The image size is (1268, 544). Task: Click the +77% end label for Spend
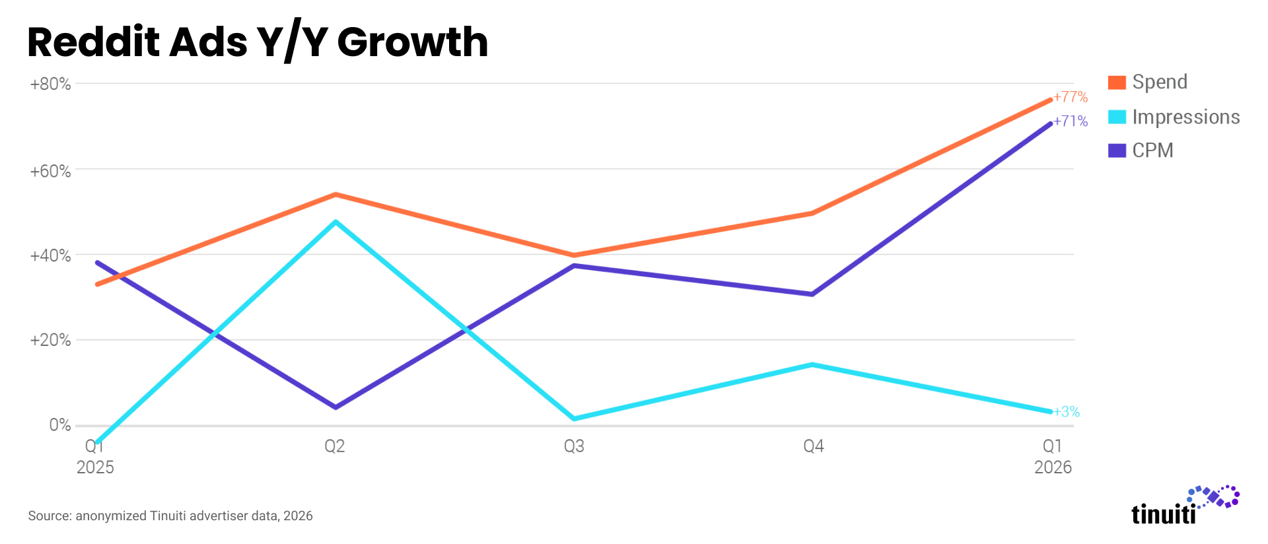point(1071,97)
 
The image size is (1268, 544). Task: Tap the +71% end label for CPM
point(1071,121)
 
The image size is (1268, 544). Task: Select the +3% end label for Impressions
point(1067,412)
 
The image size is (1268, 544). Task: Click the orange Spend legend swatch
point(1117,83)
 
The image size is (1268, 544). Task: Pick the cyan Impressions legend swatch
point(1117,117)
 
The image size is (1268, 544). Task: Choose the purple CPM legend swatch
point(1117,151)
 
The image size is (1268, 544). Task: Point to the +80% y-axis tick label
point(50,84)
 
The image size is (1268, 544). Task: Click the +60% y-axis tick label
point(50,171)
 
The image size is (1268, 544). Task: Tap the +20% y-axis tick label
point(50,340)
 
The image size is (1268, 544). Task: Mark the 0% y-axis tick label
point(60,425)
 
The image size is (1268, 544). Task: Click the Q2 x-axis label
point(335,446)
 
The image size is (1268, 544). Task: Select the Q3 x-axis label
point(574,446)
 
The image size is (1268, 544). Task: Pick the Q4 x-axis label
point(814,446)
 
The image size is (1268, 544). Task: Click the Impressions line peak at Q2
point(336,222)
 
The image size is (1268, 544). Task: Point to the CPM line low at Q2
point(336,407)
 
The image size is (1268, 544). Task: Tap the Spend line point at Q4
point(812,213)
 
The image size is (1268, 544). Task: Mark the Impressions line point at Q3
point(575,419)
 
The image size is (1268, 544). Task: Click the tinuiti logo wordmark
point(1164,514)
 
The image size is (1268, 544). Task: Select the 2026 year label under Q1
point(1053,467)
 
